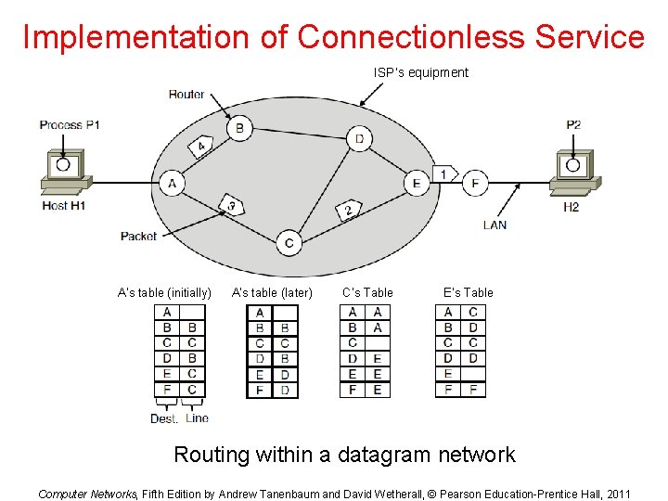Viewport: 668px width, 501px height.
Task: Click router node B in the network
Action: point(239,128)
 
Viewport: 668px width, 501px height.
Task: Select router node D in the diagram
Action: point(359,140)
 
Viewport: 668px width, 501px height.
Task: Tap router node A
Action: point(172,184)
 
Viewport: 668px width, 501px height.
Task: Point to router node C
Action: point(289,243)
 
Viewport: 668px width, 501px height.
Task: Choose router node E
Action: point(417,183)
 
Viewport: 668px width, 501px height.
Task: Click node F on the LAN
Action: point(475,183)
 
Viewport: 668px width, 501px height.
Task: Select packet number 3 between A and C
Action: point(232,204)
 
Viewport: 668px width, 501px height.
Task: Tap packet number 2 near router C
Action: point(348,209)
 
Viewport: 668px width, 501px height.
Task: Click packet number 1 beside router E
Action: point(444,173)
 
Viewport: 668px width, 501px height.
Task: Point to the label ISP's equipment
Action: point(421,72)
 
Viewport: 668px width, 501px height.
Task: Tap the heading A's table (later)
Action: point(272,293)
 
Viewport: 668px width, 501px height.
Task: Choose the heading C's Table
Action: point(367,293)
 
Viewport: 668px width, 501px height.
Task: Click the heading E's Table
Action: point(469,293)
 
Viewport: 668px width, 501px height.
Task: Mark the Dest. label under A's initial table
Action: point(164,418)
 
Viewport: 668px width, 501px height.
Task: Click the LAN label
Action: point(495,225)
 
